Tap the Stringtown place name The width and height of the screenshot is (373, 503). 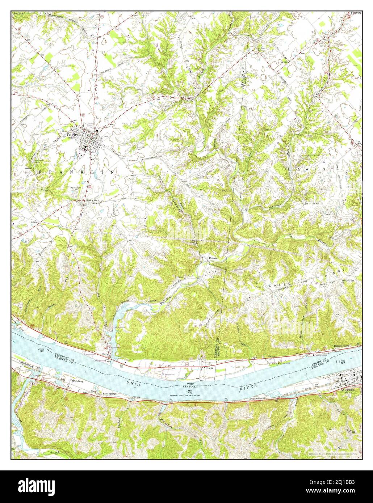click(92, 200)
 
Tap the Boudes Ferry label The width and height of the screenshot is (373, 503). click(341, 346)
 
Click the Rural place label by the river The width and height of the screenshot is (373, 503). click(106, 354)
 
